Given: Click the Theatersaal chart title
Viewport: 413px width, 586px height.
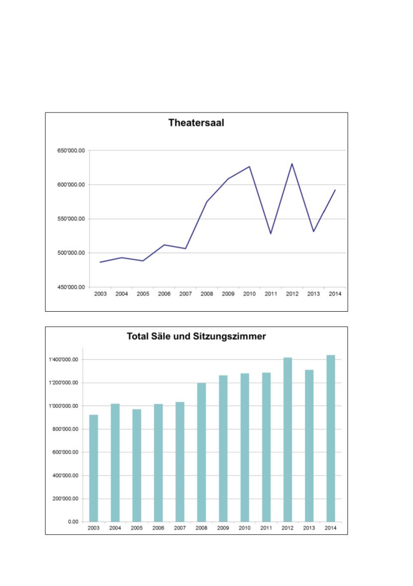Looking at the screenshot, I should pos(196,122).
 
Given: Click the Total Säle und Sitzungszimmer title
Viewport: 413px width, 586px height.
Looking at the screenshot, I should pos(196,337).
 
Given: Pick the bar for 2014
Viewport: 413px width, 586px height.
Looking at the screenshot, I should pos(331,438).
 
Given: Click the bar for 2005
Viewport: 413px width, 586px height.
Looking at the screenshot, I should pos(137,465).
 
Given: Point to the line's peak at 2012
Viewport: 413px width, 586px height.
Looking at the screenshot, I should pos(292,164).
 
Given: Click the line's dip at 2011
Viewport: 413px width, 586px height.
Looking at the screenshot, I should pos(271,234).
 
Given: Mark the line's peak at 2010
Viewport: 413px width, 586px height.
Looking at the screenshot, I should pos(249,167).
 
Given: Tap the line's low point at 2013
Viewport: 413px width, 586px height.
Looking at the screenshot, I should pos(313,232).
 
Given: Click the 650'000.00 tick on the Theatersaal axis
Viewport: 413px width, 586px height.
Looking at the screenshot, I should pos(71,150).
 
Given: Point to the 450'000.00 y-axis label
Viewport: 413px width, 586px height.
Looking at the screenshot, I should pos(71,287).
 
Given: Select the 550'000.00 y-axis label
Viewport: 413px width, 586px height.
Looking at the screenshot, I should pos(71,219).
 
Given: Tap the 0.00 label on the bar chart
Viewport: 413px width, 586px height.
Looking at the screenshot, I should pos(72,522).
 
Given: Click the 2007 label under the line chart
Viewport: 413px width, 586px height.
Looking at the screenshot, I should pos(185,294).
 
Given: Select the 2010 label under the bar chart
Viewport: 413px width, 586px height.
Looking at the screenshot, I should pos(245,528).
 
